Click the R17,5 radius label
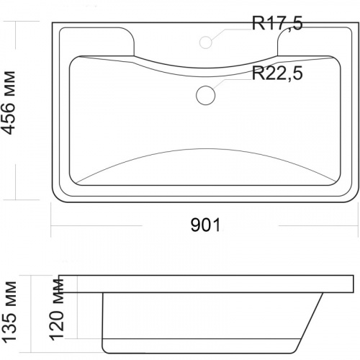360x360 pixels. pyautogui.click(x=277, y=24)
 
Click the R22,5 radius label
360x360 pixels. pyautogui.click(x=277, y=73)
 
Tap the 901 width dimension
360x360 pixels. pyautogui.click(x=205, y=225)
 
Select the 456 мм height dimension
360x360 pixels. pyautogui.click(x=9, y=103)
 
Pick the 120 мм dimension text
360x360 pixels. pyautogui.click(x=57, y=310)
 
